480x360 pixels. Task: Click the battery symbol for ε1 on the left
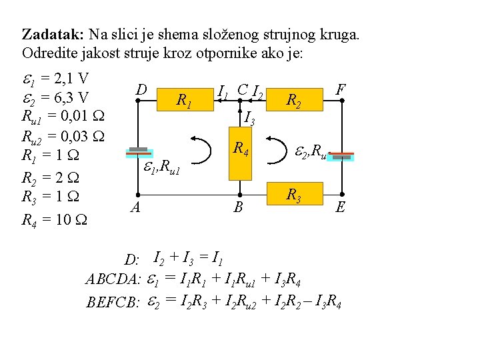click(138, 153)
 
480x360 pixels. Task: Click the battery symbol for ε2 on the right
click(341, 156)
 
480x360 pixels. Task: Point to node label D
click(141, 89)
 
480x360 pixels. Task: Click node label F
click(341, 89)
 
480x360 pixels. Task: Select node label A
click(135, 207)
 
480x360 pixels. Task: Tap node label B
click(239, 207)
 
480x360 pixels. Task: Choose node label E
click(340, 207)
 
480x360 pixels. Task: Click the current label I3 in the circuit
click(249, 119)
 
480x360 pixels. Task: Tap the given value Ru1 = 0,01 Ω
click(60, 118)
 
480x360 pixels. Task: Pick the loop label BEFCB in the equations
click(113, 303)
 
